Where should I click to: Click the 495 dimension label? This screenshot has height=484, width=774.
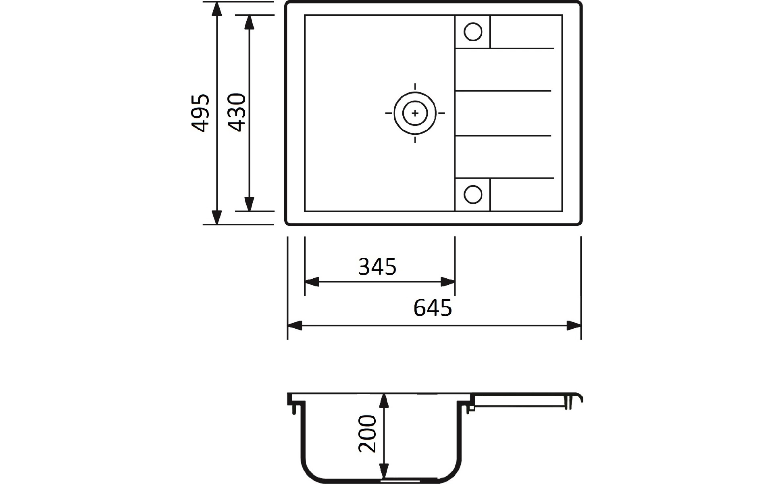pyautogui.click(x=200, y=113)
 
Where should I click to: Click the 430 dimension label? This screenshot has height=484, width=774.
pyautogui.click(x=237, y=113)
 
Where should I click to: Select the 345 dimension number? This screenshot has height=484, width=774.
pyautogui.click(x=377, y=267)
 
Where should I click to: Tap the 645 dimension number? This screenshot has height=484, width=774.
pyautogui.click(x=433, y=308)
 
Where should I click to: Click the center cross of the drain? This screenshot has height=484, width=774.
pyautogui.click(x=415, y=113)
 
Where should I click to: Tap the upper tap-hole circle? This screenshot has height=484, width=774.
pyautogui.click(x=473, y=32)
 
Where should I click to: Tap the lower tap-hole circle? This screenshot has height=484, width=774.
pyautogui.click(x=473, y=194)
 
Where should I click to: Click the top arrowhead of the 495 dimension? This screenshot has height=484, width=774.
pyautogui.click(x=217, y=9)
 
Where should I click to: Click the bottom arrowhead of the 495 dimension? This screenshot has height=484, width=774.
pyautogui.click(x=217, y=217)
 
